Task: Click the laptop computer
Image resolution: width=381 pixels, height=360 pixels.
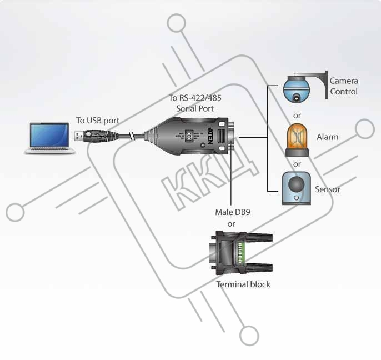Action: pos(50,138)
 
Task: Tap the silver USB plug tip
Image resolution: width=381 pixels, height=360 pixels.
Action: pos(79,136)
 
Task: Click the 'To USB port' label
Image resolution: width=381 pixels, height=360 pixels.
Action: pos(98,121)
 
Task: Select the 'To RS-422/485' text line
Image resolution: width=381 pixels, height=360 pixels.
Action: pos(195,98)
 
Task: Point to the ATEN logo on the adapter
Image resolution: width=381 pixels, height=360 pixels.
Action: pos(210,136)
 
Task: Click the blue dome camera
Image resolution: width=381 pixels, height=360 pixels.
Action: pos(297,89)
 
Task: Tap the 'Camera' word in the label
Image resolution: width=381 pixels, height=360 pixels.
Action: pos(344,81)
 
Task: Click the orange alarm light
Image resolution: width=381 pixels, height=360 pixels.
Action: pos(297,140)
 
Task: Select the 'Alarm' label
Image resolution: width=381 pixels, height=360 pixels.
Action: pos(328,137)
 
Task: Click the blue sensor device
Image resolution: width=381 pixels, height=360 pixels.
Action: pos(297,188)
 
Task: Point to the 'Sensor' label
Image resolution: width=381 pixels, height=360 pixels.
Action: pos(327,189)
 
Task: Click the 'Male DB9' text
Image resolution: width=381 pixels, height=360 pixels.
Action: pos(233,212)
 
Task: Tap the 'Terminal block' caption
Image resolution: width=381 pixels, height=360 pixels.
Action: pos(243,284)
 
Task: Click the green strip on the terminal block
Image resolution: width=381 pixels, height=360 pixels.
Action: pos(240,252)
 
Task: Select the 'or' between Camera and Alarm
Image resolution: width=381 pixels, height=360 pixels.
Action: pos(297,116)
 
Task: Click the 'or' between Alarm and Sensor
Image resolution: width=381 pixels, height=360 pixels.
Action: pos(297,164)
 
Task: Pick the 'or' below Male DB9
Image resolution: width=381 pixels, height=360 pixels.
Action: pos(231,224)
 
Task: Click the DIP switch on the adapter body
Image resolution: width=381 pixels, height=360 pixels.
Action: pos(189,136)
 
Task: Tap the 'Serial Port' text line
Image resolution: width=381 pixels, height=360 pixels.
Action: pos(195,108)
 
